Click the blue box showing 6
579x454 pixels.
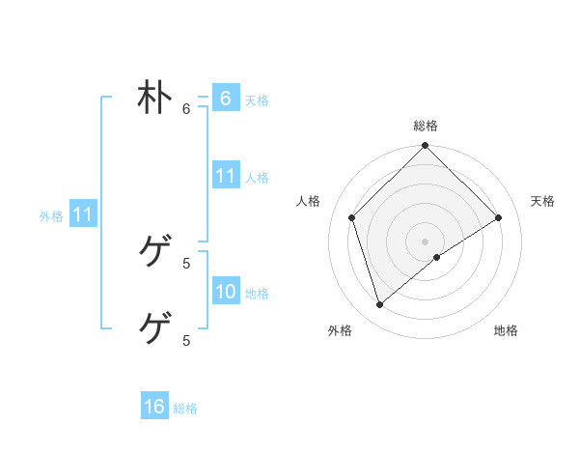(225, 99)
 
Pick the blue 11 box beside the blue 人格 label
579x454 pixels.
(225, 176)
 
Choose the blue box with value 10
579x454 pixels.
(225, 292)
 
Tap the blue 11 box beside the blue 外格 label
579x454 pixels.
(82, 214)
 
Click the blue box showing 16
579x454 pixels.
(154, 407)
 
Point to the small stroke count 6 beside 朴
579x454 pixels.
(186, 108)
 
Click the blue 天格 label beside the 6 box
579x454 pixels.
(257, 99)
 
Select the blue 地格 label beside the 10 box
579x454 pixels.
(257, 293)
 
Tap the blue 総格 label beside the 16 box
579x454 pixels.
(185, 408)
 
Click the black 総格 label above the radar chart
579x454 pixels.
(426, 126)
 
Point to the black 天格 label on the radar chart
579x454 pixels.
(542, 201)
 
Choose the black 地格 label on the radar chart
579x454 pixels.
(506, 331)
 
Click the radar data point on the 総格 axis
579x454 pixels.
(426, 147)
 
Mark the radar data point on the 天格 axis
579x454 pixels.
(499, 217)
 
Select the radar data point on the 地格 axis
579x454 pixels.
(437, 257)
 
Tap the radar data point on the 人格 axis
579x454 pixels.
(352, 217)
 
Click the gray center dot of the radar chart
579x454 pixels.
(426, 241)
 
